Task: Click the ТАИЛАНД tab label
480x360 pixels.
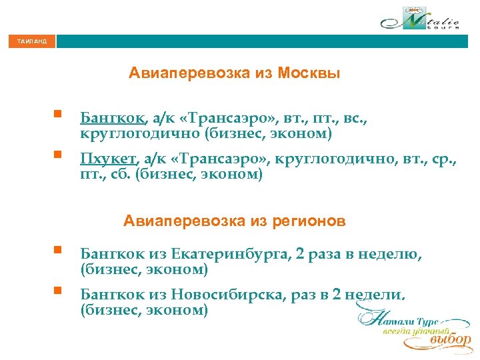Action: pos(32,42)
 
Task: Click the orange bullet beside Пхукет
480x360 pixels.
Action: pos(58,155)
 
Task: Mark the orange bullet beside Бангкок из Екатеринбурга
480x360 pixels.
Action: pos(58,251)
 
